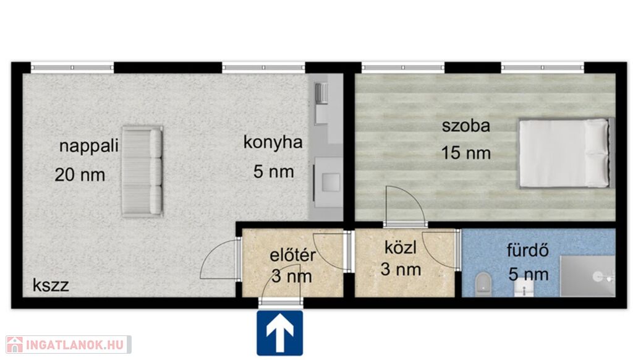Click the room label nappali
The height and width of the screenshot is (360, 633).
(x=89, y=146)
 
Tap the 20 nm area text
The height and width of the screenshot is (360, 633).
(x=80, y=175)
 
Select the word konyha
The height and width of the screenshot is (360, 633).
(x=273, y=142)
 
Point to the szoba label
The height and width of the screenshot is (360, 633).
(x=466, y=126)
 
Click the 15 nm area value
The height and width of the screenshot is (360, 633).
(x=466, y=153)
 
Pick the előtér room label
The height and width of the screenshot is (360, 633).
(x=292, y=255)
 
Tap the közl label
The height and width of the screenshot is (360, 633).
(x=401, y=247)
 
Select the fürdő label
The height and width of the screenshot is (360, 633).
(x=528, y=251)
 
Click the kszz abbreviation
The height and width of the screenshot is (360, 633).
(x=51, y=285)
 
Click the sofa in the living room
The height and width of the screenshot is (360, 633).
(x=142, y=171)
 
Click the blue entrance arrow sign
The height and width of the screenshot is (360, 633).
(x=280, y=333)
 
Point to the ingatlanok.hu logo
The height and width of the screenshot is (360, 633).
(x=68, y=345)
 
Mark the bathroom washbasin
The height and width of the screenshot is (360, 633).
(x=524, y=288)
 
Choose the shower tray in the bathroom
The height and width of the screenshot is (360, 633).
(x=587, y=276)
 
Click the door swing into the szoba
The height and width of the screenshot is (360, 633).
(x=404, y=205)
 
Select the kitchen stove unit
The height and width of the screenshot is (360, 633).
(x=328, y=182)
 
